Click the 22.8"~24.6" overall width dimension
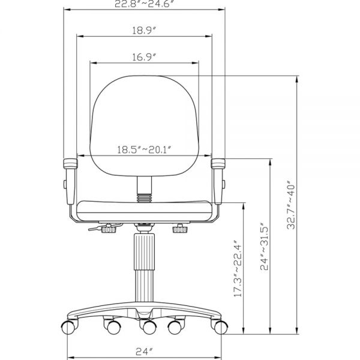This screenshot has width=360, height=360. tap(143, 4)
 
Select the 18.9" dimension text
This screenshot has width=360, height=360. tap(143, 30)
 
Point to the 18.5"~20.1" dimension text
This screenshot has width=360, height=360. tap(144, 148)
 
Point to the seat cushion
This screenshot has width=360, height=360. tap(144, 207)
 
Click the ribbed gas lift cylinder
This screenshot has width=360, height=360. tap(144, 264)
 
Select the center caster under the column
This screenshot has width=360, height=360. tap(145, 328)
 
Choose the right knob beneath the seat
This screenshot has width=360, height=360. tap(179, 228)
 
